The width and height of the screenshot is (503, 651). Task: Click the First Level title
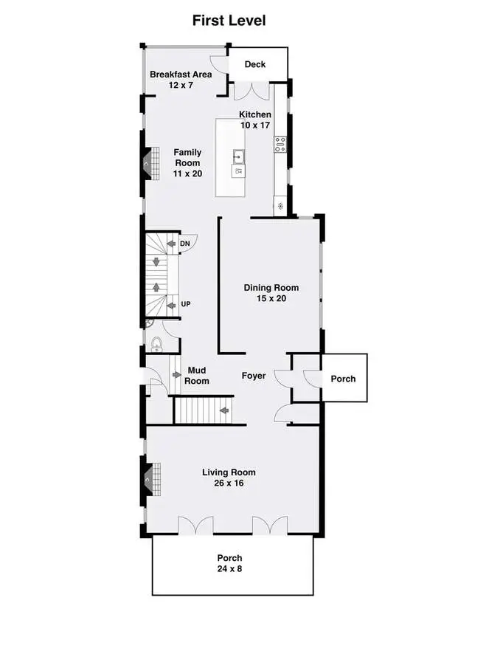click(x=229, y=21)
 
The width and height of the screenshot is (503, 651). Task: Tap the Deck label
click(x=255, y=64)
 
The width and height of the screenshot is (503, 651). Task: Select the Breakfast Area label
click(x=181, y=75)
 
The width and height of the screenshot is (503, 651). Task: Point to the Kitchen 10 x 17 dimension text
click(x=255, y=125)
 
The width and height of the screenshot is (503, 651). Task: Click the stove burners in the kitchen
click(x=280, y=144)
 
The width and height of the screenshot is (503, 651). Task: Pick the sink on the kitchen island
click(x=239, y=157)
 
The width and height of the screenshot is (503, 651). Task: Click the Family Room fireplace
click(x=150, y=164)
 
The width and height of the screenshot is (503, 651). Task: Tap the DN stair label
click(x=184, y=244)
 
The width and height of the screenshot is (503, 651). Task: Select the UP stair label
click(x=186, y=304)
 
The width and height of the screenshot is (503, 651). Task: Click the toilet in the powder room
click(x=156, y=344)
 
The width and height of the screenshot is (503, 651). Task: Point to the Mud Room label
click(x=197, y=376)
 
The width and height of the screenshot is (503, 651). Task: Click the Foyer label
click(x=254, y=376)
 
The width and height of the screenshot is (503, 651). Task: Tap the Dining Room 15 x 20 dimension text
click(x=271, y=298)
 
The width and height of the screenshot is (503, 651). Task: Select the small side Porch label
click(x=343, y=379)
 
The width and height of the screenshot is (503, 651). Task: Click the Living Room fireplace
click(x=151, y=480)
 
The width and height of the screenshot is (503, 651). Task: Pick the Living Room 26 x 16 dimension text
click(x=229, y=483)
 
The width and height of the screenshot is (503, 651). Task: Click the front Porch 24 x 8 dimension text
click(x=229, y=569)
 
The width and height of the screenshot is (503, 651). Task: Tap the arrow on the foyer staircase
click(x=224, y=410)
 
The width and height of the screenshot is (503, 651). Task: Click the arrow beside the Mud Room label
click(x=177, y=375)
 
